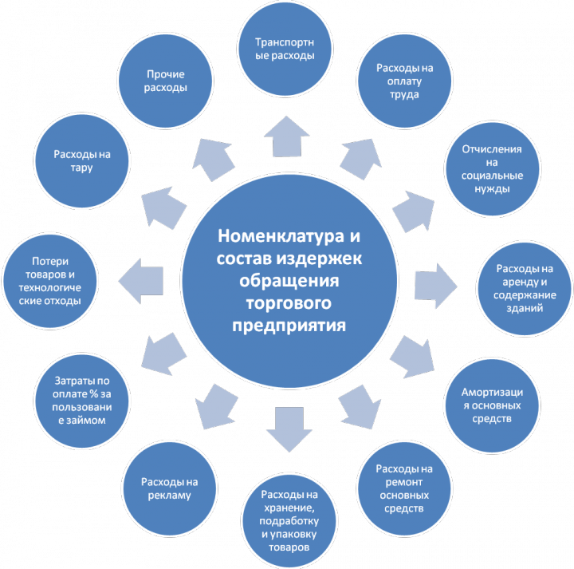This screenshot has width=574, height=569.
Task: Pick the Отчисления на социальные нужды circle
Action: [x=492, y=169]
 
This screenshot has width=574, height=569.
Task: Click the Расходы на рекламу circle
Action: [x=168, y=488]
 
